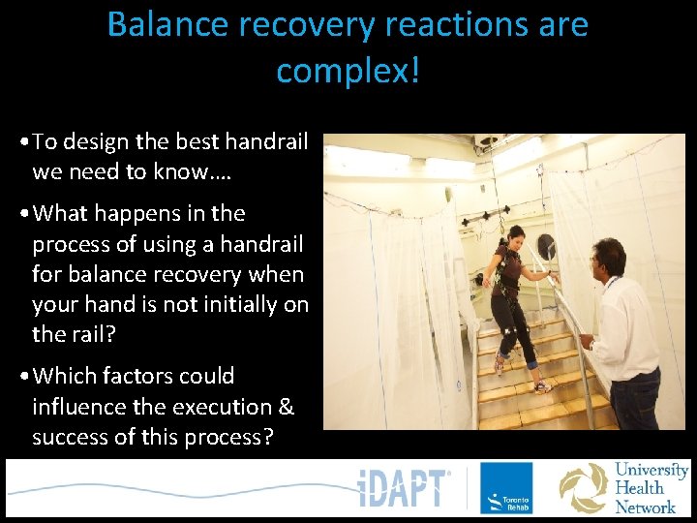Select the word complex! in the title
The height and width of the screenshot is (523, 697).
coord(348,70)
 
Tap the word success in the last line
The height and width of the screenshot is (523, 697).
coord(70,437)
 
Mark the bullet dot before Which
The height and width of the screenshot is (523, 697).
coord(22,377)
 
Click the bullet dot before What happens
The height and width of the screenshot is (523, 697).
coord(22,214)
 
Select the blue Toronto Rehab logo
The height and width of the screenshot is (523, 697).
coord(506,488)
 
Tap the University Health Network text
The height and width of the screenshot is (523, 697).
coord(651,488)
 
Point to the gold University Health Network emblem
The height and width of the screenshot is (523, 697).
coord(585,488)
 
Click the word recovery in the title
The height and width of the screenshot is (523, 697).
coord(305,24)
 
